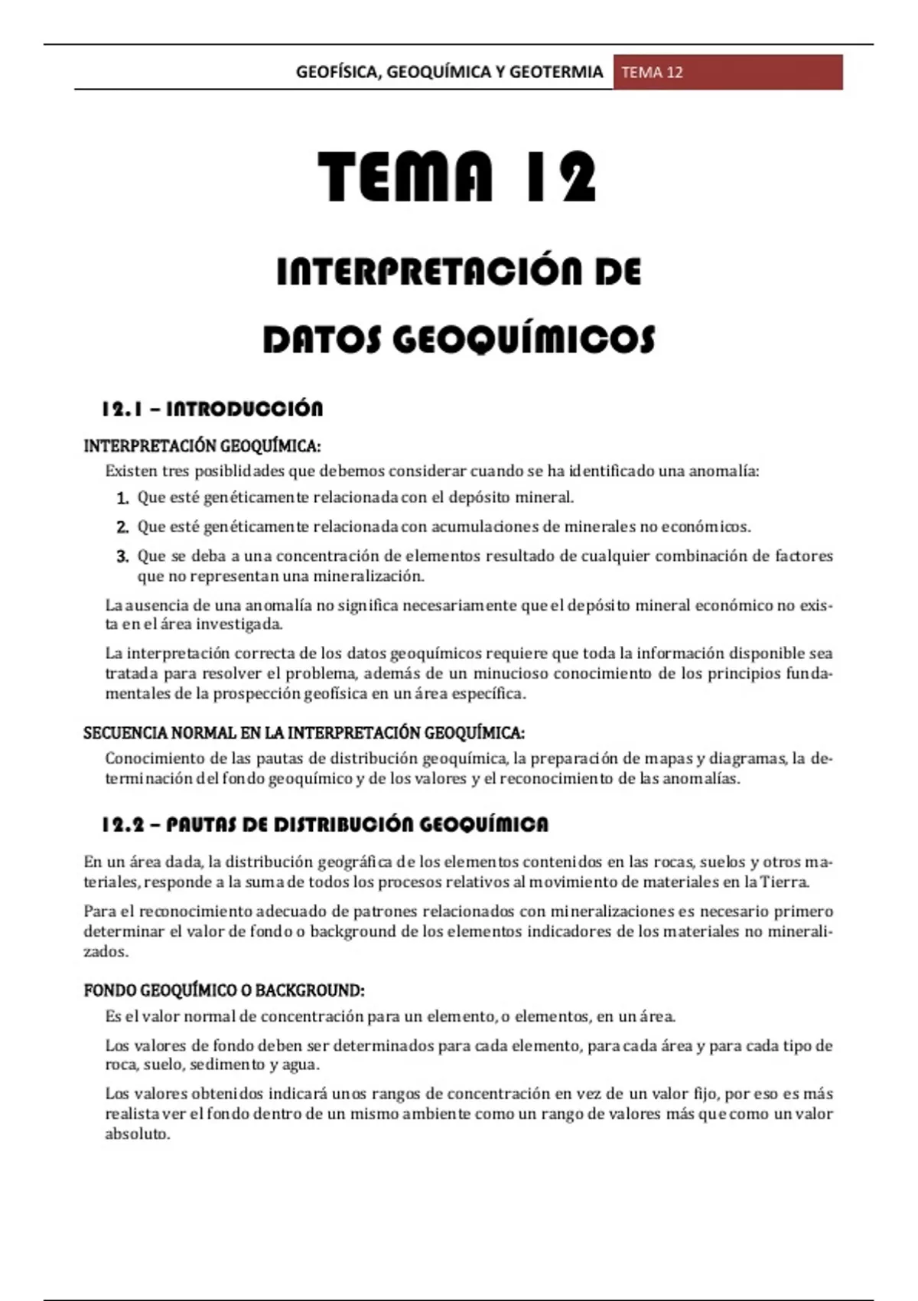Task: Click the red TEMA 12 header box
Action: pyautogui.click(x=728, y=73)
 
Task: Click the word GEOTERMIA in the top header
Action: pyautogui.click(x=556, y=73)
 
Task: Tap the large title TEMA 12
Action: pyautogui.click(x=457, y=177)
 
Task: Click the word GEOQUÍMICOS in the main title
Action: pyautogui.click(x=524, y=340)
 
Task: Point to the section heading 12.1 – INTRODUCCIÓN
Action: pyautogui.click(x=212, y=409)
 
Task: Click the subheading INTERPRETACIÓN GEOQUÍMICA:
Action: pyautogui.click(x=202, y=446)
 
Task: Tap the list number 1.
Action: pyautogui.click(x=122, y=499)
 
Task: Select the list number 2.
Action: pyautogui.click(x=122, y=527)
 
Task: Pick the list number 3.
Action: pyautogui.click(x=122, y=556)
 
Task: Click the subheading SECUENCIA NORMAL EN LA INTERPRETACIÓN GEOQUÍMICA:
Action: pyautogui.click(x=304, y=733)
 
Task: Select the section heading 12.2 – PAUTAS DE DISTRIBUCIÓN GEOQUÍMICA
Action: pyautogui.click(x=325, y=824)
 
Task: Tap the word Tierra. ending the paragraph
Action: pyautogui.click(x=785, y=882)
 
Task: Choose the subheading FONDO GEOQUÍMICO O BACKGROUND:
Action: pyautogui.click(x=223, y=990)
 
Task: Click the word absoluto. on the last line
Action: pyautogui.click(x=138, y=1134)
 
